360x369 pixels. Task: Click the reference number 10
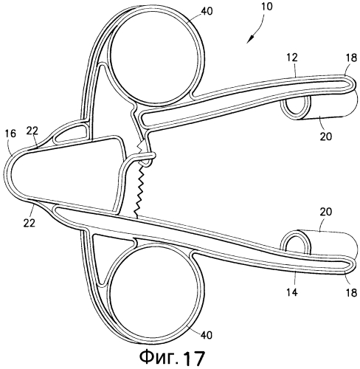point(267,7)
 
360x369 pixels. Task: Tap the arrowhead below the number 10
point(251,39)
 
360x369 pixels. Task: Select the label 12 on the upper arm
point(292,58)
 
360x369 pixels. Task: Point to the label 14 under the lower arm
point(292,292)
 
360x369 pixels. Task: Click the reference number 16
point(10,134)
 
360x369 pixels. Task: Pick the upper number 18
point(351,58)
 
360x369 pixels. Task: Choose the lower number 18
point(351,292)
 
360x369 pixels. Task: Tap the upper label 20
point(326,136)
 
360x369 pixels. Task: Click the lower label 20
point(326,212)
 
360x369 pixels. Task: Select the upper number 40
point(207,11)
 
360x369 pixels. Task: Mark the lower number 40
point(207,335)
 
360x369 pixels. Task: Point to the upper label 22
point(32,131)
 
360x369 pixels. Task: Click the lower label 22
point(30,223)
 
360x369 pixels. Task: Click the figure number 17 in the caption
point(194,358)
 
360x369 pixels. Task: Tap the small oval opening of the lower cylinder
point(296,241)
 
